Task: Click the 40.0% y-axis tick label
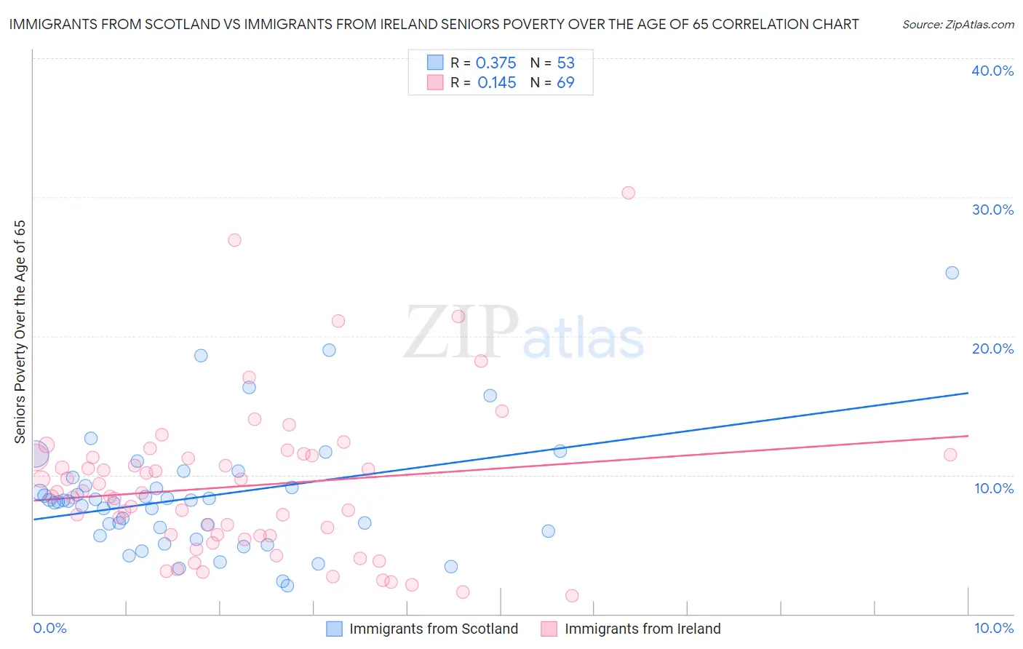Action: click(992, 71)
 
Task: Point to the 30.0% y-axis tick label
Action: click(992, 210)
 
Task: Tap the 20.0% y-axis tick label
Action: click(992, 349)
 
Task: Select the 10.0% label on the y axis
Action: click(994, 488)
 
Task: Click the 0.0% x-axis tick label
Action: click(49, 628)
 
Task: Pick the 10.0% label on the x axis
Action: click(993, 628)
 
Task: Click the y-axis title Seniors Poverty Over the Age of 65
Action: click(20, 331)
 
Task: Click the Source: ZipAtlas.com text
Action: click(958, 24)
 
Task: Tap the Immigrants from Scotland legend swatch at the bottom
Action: click(334, 629)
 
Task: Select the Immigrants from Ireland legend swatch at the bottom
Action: click(549, 629)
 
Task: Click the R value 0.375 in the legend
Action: click(495, 63)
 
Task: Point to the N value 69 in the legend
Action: click(565, 83)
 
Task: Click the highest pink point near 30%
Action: click(628, 193)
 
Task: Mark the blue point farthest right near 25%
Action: click(952, 273)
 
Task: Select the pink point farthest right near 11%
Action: click(950, 455)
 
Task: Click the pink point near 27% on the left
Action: click(234, 240)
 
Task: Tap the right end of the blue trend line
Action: click(968, 393)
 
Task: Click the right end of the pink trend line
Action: click(968, 436)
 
